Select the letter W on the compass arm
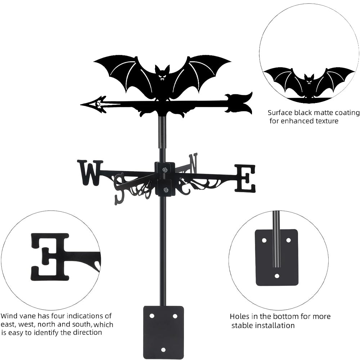[90, 172]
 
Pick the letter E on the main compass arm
[245, 178]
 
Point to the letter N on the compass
[193, 163]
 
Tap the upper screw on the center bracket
[165, 170]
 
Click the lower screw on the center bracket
[165, 190]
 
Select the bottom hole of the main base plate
[163, 349]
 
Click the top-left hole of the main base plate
[152, 316]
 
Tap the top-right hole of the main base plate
[175, 316]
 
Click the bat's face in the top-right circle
[309, 81]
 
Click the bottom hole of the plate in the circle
[276, 276]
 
